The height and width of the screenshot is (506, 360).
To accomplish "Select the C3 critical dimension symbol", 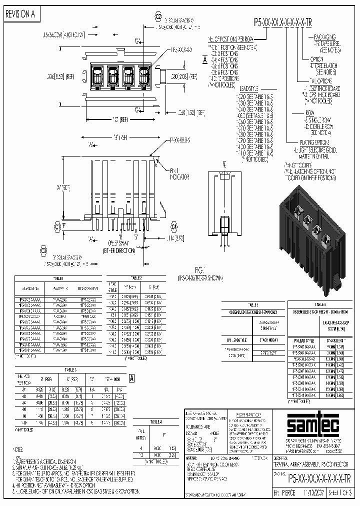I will tap(43, 249).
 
